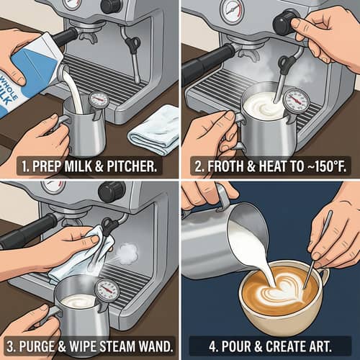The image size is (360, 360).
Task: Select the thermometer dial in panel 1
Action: click(99, 100)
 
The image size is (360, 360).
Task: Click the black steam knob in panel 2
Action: click(284, 22)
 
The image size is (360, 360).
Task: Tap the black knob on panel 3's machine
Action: click(112, 192)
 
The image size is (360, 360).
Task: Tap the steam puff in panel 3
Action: click(127, 253)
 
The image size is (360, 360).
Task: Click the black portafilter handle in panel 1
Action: click(65, 36)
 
